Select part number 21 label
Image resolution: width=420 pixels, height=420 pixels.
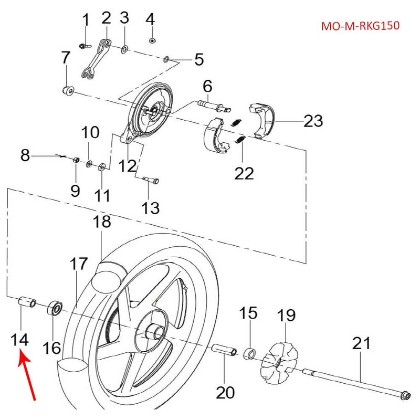click(x=361, y=343)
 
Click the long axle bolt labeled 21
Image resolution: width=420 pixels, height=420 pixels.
click(x=362, y=381)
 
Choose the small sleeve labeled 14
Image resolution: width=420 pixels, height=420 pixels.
click(x=27, y=303)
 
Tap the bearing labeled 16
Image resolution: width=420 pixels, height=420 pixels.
click(x=55, y=308)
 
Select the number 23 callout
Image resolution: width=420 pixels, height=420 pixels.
click(x=313, y=121)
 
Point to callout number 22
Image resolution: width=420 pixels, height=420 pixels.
click(x=244, y=173)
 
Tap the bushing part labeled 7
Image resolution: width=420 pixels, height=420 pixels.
click(x=67, y=90)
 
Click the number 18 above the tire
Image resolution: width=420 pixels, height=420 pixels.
click(x=102, y=222)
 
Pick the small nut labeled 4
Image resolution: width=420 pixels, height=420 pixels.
click(x=152, y=41)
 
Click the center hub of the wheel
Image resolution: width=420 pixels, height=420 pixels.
click(x=156, y=332)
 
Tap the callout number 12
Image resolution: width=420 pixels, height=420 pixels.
click(x=127, y=166)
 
